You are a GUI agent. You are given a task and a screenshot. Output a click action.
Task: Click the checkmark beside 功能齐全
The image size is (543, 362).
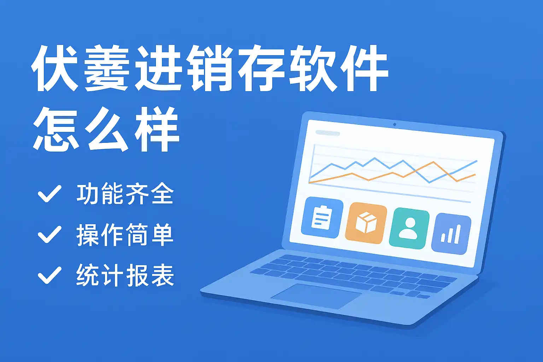[x=49, y=193]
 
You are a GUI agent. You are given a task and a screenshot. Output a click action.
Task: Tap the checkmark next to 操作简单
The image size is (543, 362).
[x=49, y=234]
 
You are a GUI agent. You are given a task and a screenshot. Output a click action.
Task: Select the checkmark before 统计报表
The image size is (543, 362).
[x=49, y=275]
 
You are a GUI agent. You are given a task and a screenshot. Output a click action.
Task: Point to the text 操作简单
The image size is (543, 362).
[x=125, y=234]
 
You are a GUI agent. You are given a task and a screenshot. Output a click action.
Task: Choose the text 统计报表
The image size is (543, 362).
[x=125, y=275]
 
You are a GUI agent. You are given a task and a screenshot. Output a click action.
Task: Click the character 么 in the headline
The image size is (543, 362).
[x=107, y=129]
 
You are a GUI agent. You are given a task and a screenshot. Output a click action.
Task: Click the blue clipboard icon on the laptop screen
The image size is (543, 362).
[x=322, y=217]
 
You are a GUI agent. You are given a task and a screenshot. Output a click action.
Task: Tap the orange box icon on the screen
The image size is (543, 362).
[x=366, y=223]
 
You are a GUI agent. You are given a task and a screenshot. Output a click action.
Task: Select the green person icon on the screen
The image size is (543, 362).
[x=409, y=228]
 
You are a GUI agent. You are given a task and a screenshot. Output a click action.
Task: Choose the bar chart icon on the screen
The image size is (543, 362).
[x=451, y=234]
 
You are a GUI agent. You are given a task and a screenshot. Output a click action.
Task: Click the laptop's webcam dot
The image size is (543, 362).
[x=395, y=125]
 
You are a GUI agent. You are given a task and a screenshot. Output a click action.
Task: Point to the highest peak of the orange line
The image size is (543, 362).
[x=433, y=162]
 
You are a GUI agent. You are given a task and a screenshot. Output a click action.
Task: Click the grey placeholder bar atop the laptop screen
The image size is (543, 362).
[x=327, y=133]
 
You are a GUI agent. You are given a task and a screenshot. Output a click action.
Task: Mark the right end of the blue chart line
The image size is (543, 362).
[x=477, y=161]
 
